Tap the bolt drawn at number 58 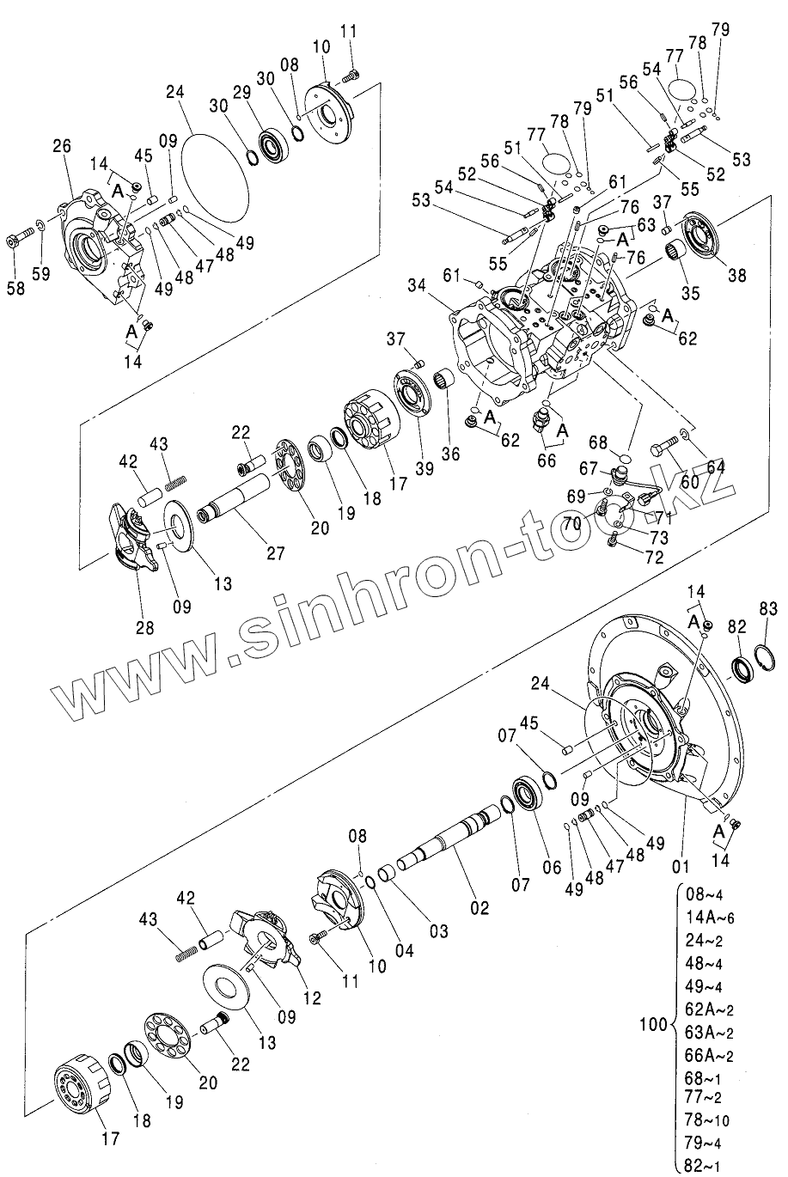(x=15, y=240)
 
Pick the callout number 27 (x=275, y=553)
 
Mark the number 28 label (x=144, y=627)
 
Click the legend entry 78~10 (x=707, y=1120)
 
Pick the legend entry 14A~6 (x=710, y=916)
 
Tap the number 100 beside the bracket (x=655, y=1024)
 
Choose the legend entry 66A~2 (x=710, y=1054)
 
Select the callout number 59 (x=41, y=274)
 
